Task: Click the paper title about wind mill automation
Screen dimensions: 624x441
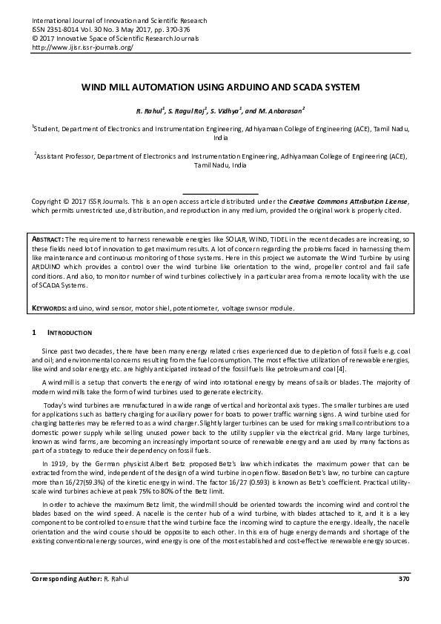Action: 220,87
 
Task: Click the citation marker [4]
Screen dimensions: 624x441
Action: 339,369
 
